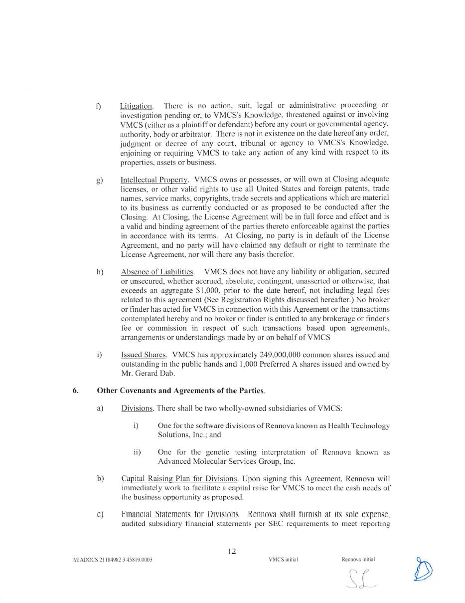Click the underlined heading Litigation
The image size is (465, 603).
tap(136, 106)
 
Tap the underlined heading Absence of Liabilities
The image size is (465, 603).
tap(157, 272)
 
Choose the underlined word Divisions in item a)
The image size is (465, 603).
tap(137, 408)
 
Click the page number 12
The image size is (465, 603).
tap(232, 551)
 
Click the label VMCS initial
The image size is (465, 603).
tap(283, 560)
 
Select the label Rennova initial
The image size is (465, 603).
tap(358, 560)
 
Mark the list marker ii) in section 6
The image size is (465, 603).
tap(137, 452)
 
